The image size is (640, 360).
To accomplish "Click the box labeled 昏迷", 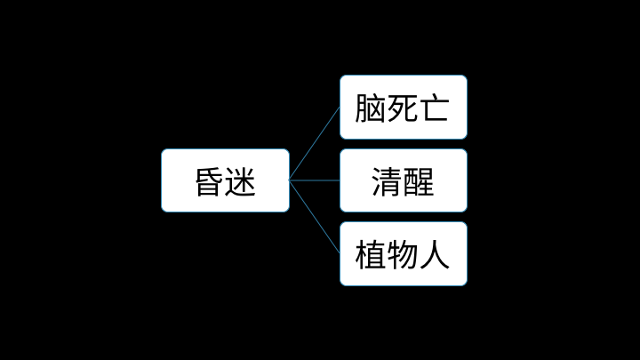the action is pos(225,180).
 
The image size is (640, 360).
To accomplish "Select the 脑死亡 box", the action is pos(404,107).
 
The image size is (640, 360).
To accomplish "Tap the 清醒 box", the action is pos(404,180).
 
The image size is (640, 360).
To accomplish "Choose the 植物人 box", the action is pos(404,254).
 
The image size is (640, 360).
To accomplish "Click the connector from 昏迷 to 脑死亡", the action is pos(315,143).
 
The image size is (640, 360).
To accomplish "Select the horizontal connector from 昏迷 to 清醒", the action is pos(315,180).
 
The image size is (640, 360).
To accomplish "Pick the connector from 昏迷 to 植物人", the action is pos(315,217).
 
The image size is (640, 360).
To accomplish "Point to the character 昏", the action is pos(209,182).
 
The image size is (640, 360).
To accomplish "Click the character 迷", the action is pos(240,182).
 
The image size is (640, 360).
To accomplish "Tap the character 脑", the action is pos(370,108).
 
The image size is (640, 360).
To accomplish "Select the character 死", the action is pos(403,108).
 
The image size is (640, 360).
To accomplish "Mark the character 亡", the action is pos(435,108).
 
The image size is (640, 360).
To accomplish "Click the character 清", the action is pos(387,182).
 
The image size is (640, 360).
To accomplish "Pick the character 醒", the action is pos(419,182).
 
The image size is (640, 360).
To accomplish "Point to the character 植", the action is pos(370,255).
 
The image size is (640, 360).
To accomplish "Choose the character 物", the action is pos(403,255).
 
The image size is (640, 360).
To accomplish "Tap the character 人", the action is pos(435,255).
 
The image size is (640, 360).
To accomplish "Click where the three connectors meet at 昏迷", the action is pos(290,180).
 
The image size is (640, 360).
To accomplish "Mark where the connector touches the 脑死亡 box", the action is pos(340,107).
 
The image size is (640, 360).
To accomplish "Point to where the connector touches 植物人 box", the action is pos(340,254).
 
